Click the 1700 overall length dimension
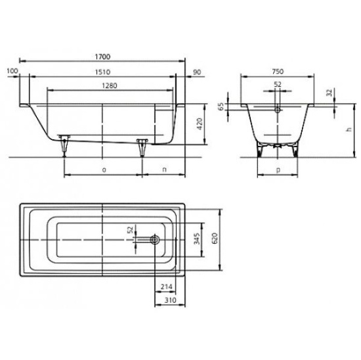pyautogui.click(x=102, y=56)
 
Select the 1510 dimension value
pyautogui.click(x=102, y=72)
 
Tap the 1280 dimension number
pyautogui.click(x=110, y=86)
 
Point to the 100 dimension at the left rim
pyautogui.click(x=12, y=71)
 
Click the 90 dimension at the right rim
pyautogui.click(x=197, y=72)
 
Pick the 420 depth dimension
pyautogui.click(x=200, y=124)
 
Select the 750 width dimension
pyautogui.click(x=278, y=72)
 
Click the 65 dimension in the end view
pyautogui.click(x=221, y=106)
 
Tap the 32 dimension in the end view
pyautogui.click(x=330, y=93)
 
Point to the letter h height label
pyautogui.click(x=349, y=129)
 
